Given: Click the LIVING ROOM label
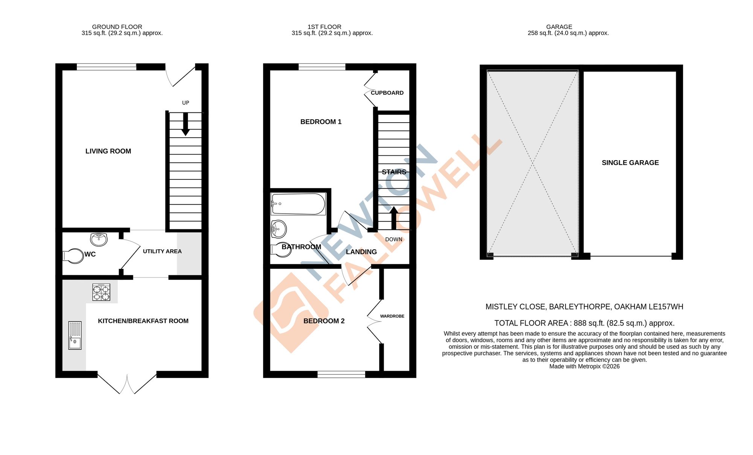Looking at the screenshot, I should point(108,151).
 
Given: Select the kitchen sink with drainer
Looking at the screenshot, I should point(75,335).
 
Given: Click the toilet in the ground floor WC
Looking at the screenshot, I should point(74,256).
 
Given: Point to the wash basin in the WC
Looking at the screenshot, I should point(99,238).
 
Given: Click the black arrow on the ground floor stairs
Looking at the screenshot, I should point(185,124).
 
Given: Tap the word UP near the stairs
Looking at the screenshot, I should point(186,103).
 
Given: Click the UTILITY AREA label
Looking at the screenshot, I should point(162,251).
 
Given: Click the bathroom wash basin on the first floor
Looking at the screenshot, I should point(279,229).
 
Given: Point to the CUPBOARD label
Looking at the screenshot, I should point(387,93).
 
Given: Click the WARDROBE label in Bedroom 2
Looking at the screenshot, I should point(392,316).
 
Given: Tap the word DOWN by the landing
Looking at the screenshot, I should point(394,240).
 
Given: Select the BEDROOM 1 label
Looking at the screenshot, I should point(321,122).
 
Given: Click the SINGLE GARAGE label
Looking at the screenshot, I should point(630,163).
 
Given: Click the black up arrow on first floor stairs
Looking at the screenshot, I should point(393,218).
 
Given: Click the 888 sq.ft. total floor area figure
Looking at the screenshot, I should point(589,323).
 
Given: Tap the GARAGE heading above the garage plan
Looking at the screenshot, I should point(559,27).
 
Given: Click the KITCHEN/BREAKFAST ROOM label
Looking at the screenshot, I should point(143,321).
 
